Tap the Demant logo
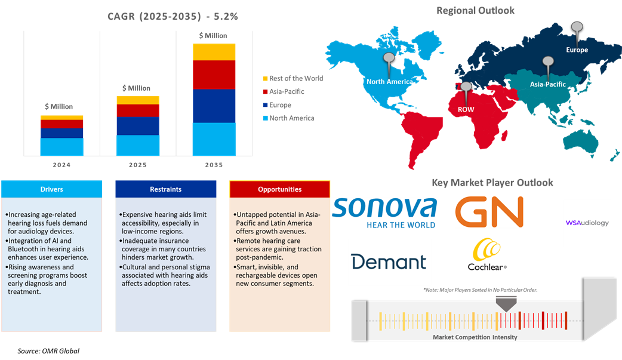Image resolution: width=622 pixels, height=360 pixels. tap(389, 261)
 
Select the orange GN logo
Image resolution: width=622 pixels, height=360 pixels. tap(489, 213)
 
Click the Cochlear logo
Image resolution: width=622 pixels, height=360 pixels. tap(485, 254)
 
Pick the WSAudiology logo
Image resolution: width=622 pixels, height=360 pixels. tap(587, 223)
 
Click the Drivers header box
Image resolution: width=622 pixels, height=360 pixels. tap(51, 189)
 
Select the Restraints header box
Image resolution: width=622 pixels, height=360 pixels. tap(165, 189)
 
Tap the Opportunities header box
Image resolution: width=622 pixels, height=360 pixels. tap(279, 189)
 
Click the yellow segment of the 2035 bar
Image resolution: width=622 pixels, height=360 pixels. tap(214, 52)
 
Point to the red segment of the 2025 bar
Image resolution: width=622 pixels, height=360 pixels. tap(138, 110)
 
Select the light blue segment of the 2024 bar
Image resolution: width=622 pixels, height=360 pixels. tap(62, 146)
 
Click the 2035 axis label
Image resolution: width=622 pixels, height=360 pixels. tap(214, 164)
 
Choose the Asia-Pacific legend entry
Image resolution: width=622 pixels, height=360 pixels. tap(287, 92)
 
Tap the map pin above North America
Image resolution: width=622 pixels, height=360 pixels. tap(389, 60)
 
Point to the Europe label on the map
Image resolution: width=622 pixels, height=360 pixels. tap(577, 50)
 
